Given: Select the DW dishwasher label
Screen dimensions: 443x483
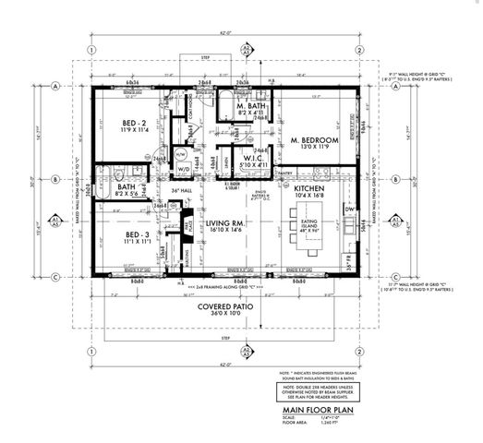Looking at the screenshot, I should point(349,210).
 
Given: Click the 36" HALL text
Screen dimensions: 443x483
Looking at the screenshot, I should point(166,192).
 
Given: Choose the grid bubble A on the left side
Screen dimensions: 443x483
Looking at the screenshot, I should point(56,85).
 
